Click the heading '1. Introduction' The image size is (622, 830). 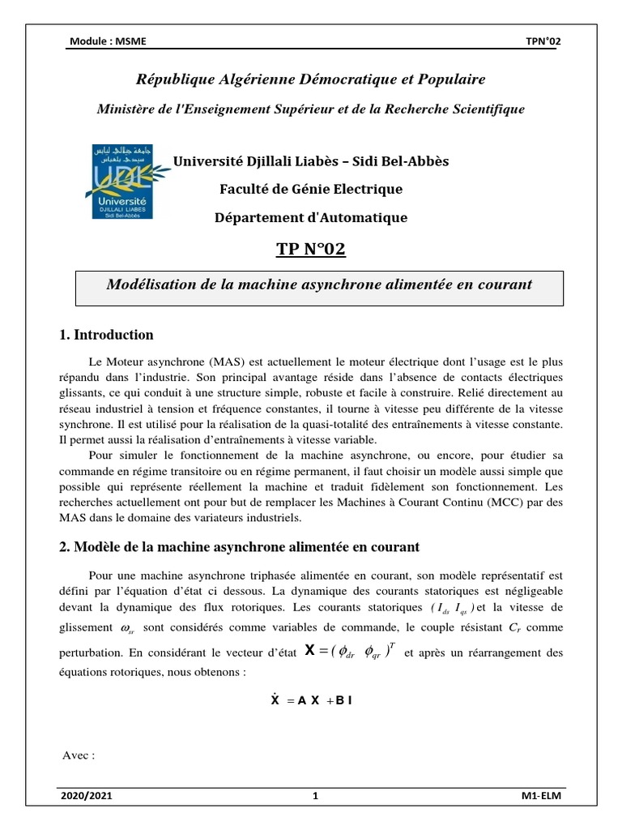coord(106,335)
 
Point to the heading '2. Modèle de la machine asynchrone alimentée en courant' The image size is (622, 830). coord(240,548)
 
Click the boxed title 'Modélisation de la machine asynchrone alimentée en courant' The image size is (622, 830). coord(319,285)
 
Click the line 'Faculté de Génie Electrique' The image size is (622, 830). coord(311,190)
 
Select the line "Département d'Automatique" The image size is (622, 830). coord(311,217)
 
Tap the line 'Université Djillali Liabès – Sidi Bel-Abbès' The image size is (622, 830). coord(311,161)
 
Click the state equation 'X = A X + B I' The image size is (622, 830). coord(311,701)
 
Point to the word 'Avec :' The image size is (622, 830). coord(79,755)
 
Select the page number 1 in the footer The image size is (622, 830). coord(315,797)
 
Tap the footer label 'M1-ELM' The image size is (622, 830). coord(541,797)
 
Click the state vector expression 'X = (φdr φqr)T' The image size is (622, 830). coord(351,651)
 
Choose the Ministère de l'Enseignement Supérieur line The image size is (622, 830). coord(311,109)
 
